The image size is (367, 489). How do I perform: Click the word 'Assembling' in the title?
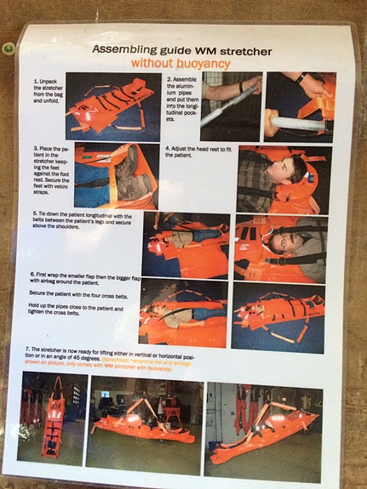point(121,50)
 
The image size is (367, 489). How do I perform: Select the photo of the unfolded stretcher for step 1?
point(109,105)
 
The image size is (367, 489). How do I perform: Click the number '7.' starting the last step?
point(30,350)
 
